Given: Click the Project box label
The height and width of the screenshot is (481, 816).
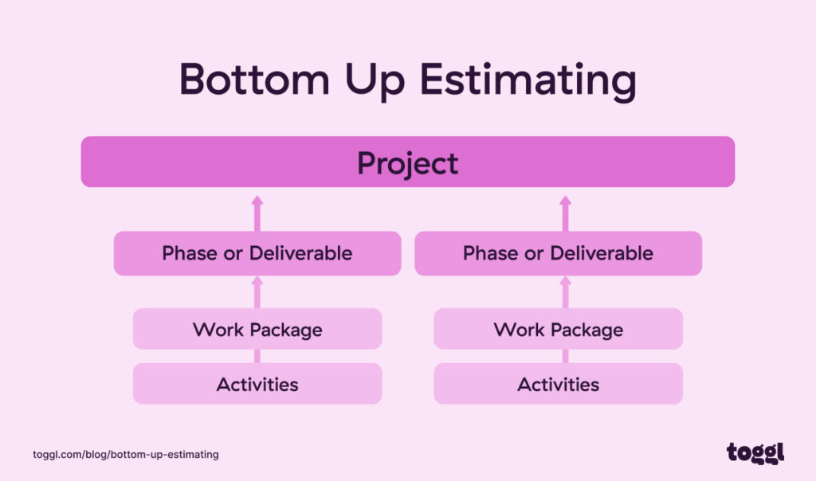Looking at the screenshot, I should tap(407, 162).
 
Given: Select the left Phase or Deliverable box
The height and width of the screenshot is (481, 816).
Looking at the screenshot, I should tap(257, 253).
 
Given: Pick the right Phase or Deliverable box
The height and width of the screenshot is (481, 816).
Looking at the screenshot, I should tap(558, 253).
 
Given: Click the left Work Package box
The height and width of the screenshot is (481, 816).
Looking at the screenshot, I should tap(257, 329).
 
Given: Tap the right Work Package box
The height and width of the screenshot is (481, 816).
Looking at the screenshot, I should tap(558, 329).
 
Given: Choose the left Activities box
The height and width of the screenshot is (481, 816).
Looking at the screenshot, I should tap(257, 384).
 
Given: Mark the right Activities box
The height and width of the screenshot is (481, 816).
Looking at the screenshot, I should tap(558, 384).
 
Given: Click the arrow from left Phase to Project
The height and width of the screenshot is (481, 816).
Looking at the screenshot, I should tap(257, 212).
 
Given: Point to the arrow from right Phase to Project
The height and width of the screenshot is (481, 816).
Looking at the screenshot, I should tap(565, 212).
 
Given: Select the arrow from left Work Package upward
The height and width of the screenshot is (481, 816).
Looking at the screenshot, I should tap(257, 291).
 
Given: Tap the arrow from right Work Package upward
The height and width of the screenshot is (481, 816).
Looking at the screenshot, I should tap(565, 291).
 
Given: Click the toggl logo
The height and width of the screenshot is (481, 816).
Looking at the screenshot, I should tap(755, 452).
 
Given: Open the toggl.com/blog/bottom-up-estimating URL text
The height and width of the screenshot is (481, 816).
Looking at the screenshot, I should tap(126, 454).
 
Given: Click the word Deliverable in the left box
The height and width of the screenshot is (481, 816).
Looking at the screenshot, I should tap(300, 253).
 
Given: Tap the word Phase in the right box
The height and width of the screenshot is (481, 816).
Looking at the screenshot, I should tap(488, 253).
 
